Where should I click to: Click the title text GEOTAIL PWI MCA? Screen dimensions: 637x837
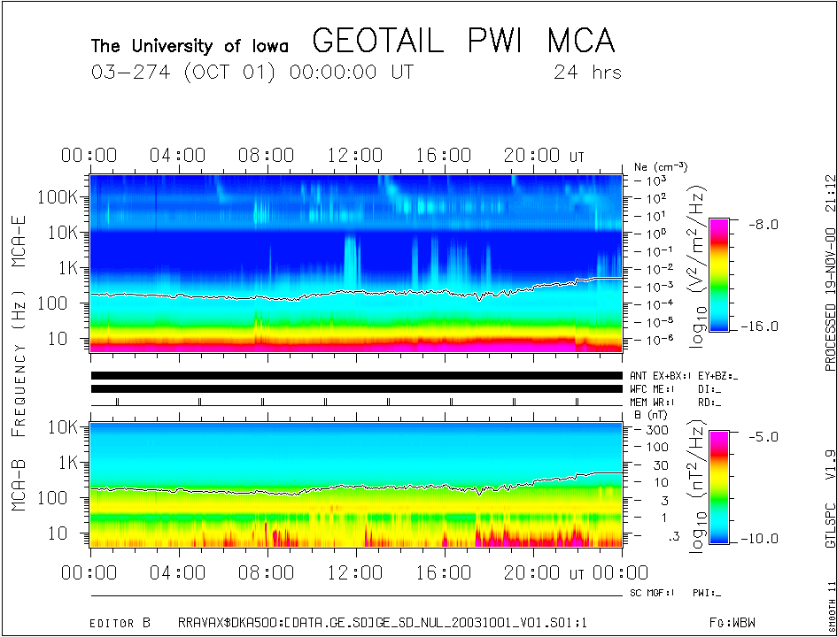tap(463, 41)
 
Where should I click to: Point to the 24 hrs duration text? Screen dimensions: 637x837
tap(587, 72)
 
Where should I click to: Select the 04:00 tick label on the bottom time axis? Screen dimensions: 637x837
tap(178, 572)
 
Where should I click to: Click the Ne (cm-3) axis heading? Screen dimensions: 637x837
tap(661, 167)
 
